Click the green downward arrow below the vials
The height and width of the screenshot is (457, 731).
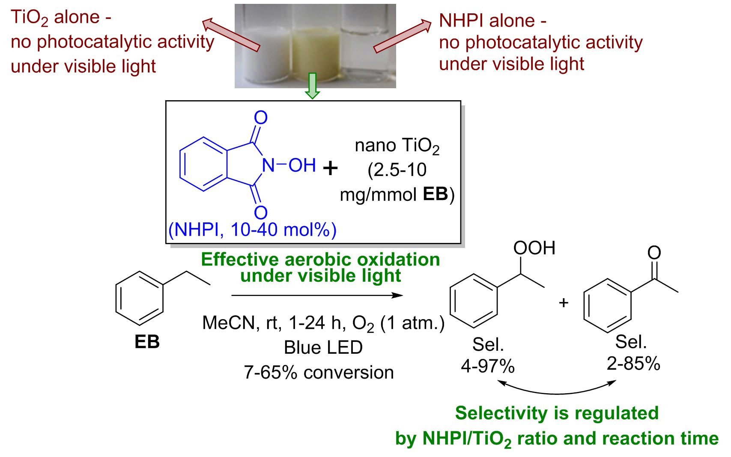coord(312,86)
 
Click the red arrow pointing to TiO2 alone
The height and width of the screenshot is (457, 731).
coord(231,35)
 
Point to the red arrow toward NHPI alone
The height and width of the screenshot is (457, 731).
coord(403,36)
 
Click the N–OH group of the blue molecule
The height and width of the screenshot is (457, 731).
coord(289,165)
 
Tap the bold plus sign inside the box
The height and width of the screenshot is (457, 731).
coord(330,169)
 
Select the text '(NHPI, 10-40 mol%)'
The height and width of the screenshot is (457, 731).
coord(252,230)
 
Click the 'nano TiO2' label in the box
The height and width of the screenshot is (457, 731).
coord(397,146)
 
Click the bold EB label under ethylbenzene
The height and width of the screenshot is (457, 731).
coord(147,342)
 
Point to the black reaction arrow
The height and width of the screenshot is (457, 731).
coord(317,296)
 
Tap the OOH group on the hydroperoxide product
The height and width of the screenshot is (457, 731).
coord(534,248)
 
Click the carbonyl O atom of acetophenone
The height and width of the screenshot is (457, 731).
coord(654,253)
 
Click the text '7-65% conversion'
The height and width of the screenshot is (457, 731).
coord(319,373)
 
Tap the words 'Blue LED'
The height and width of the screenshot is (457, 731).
coord(323,347)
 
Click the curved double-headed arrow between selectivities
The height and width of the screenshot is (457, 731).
coord(556,393)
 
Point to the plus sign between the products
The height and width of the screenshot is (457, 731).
coord(564,303)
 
